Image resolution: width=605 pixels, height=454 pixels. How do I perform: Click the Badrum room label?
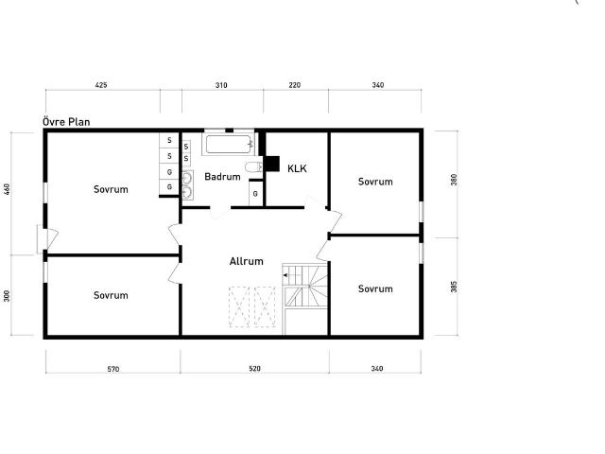point(222,177)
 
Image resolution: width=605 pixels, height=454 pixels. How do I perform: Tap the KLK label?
point(298,167)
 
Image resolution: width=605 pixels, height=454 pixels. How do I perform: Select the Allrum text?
point(246,261)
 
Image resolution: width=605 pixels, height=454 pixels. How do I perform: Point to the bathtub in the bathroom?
point(230,145)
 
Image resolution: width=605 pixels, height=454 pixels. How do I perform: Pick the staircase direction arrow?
point(285,275)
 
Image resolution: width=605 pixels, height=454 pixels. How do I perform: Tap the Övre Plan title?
point(66,122)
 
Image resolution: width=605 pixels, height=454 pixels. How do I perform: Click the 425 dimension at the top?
point(101,85)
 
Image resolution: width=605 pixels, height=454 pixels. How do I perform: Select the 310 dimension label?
point(221,85)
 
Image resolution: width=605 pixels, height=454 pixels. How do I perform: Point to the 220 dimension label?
point(294,85)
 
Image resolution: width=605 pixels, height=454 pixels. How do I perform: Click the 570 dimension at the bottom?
point(112,369)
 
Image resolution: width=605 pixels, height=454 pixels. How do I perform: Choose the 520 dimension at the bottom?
point(255,369)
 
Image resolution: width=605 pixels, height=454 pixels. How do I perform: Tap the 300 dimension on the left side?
point(8,295)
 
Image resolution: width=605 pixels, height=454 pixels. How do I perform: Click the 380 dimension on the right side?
point(454,180)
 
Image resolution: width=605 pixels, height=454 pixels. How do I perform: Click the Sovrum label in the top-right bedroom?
point(375,181)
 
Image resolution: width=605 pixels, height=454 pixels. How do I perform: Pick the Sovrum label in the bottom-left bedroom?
point(111,295)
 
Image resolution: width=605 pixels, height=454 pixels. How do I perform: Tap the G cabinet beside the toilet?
point(255,193)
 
